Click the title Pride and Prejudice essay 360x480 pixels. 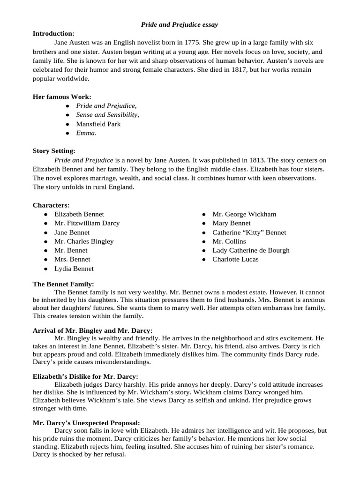tap(180, 24)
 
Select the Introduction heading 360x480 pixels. tap(53, 33)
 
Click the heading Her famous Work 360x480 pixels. tap(62, 97)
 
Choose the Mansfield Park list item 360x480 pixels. tap(98, 124)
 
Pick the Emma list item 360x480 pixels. tap(86, 133)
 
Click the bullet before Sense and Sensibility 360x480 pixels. tap(67, 115)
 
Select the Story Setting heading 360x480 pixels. tap(53, 151)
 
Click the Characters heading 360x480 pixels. tap(51, 205)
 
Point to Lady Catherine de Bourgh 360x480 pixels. tap(251, 250)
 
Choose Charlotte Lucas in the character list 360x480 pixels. tap(235, 259)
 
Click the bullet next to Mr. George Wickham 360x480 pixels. tap(203, 214)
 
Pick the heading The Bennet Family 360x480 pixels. tap(63, 284)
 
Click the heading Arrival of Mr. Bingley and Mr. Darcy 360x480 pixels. tap(92, 330)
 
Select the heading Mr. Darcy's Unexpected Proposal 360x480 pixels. tap(86, 422)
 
